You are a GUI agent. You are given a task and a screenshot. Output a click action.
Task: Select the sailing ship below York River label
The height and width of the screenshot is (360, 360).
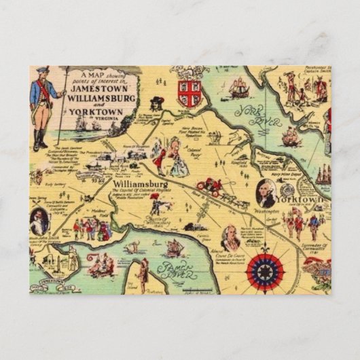(x=290, y=137)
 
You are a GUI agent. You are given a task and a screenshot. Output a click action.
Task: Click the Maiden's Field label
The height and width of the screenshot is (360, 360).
(x=90, y=213)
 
